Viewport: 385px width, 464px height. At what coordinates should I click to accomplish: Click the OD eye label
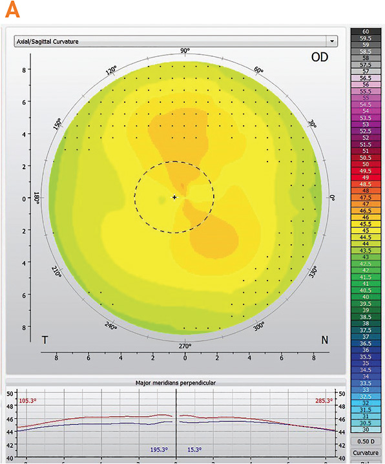[318, 58]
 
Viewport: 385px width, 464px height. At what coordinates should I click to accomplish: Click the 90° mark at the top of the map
[185, 51]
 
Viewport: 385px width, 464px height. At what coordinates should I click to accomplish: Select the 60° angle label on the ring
[259, 70]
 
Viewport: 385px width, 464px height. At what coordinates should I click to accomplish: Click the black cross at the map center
[174, 196]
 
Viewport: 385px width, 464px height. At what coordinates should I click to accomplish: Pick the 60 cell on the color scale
[366, 31]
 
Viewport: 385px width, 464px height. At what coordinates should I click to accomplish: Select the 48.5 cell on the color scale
[366, 184]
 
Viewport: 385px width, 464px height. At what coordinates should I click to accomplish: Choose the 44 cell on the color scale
[366, 244]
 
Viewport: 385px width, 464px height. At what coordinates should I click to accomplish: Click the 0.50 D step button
[366, 441]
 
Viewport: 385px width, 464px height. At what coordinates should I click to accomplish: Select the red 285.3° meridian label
[323, 401]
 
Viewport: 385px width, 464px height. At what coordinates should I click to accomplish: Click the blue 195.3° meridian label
[158, 449]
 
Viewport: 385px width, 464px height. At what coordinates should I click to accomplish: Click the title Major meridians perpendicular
[175, 383]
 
